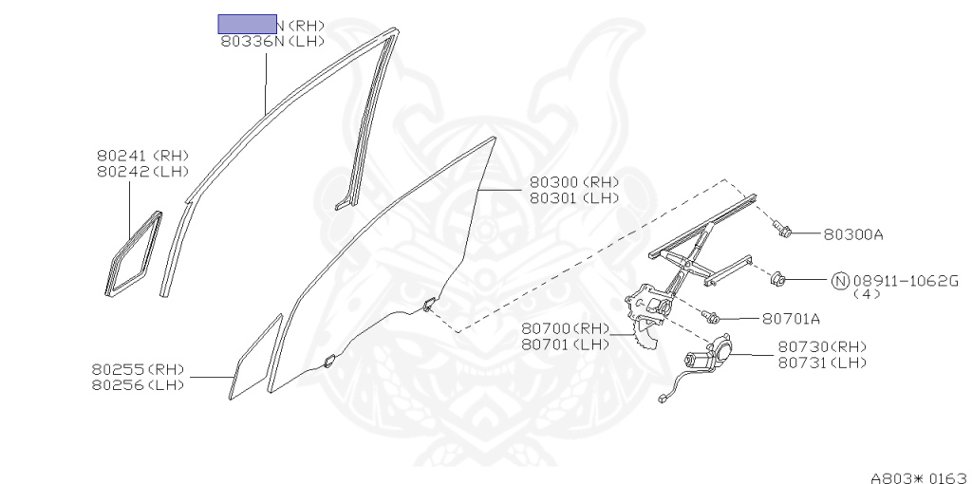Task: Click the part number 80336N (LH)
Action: click(x=272, y=42)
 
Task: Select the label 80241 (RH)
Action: click(x=143, y=156)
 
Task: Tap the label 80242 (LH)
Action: click(x=143, y=172)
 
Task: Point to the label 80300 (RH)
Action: click(x=574, y=182)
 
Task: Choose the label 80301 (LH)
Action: click(x=574, y=198)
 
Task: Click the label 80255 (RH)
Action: click(x=139, y=369)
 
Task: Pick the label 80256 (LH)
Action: click(x=139, y=384)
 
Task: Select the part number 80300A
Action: click(x=860, y=233)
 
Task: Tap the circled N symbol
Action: click(x=840, y=281)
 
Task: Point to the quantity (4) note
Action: click(x=867, y=294)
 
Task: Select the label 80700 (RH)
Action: click(x=566, y=328)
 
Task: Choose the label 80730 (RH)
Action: click(x=823, y=346)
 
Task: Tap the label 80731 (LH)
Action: click(x=823, y=363)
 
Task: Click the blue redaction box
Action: click(x=247, y=25)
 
